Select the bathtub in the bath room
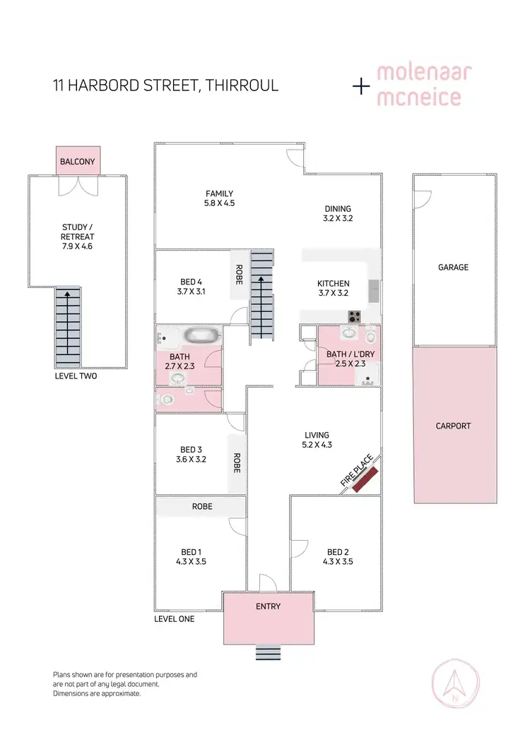(202, 335)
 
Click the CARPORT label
(453, 426)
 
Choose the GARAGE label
(453, 268)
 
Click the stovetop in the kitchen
(354, 315)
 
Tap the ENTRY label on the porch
(268, 606)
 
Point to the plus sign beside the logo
(361, 86)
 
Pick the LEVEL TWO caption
(76, 376)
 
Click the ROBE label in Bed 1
(201, 507)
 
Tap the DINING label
(338, 209)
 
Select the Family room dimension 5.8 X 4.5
(219, 203)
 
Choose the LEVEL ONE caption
(174, 619)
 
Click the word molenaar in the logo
(424, 73)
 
